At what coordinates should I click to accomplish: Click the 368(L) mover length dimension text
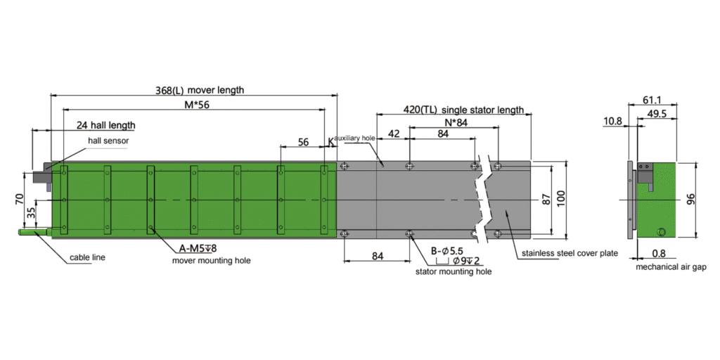pos(200,90)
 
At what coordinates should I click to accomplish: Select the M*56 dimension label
pos(197,105)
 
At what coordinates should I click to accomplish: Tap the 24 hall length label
pos(106,125)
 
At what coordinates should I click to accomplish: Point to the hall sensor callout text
pos(108,141)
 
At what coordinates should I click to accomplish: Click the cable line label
pos(87,257)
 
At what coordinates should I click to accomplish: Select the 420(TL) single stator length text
pos(463,110)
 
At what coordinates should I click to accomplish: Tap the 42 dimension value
pos(394,134)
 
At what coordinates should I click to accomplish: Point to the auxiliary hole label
pos(356,138)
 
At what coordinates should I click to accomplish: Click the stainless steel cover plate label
pos(570,253)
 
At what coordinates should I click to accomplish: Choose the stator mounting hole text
pos(454,272)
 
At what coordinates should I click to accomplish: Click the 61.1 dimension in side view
pos(652,100)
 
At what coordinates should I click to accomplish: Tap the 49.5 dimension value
pos(657,114)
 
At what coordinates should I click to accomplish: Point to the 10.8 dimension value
pos(613,121)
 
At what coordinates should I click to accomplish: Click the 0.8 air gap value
pos(659,253)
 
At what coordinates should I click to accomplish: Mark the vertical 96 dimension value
pos(691,199)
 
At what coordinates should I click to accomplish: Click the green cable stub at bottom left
pos(32,233)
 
